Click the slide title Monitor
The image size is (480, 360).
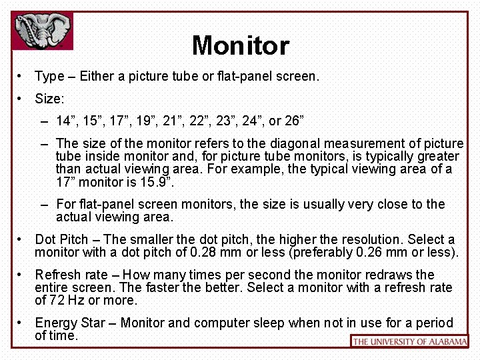[x=240, y=46]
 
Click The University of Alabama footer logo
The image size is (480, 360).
[x=409, y=341]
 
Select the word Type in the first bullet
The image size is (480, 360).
[x=49, y=76]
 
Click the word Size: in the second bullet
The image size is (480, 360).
[x=49, y=99]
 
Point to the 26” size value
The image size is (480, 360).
[x=294, y=121]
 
